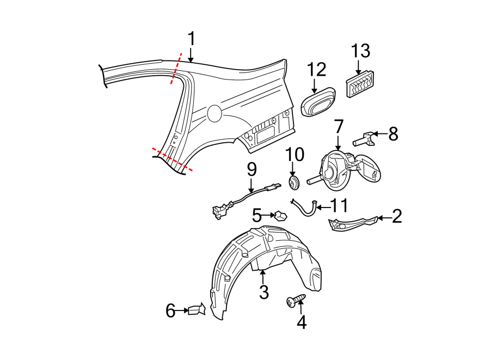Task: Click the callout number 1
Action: [x=191, y=39]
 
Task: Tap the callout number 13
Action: [x=360, y=52]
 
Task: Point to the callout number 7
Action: [x=338, y=127]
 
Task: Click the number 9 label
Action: [x=252, y=169]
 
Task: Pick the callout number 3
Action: [x=264, y=292]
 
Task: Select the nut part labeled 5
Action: [x=280, y=215]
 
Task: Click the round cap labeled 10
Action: [x=294, y=183]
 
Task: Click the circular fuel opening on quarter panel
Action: [x=215, y=113]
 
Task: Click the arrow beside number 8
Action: [x=381, y=133]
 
